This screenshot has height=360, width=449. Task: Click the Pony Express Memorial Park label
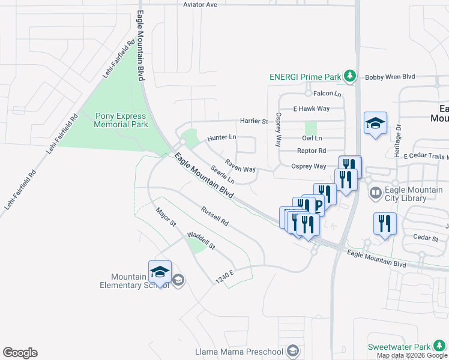(121, 119)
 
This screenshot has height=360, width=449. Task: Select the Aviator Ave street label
(200, 5)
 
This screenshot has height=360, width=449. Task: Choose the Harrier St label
(254, 121)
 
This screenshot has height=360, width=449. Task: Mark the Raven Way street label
(241, 165)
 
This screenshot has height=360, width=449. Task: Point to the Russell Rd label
(215, 217)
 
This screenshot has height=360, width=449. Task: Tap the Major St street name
(165, 217)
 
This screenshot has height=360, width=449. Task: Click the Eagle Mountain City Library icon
(376, 193)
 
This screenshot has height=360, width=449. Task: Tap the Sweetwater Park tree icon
(440, 347)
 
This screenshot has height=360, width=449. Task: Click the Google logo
(20, 353)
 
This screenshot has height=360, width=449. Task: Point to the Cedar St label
(427, 238)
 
